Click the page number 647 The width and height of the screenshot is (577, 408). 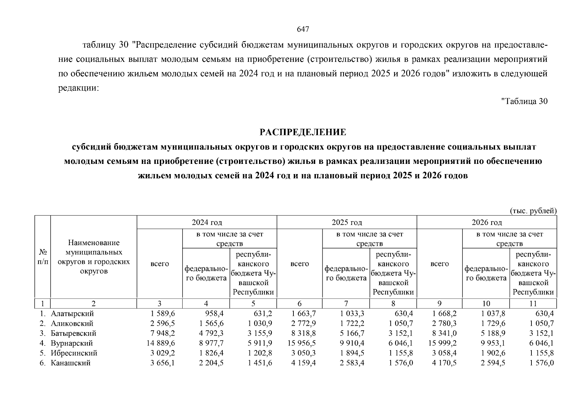tap(303, 30)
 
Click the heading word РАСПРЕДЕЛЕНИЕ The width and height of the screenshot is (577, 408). tap(303, 132)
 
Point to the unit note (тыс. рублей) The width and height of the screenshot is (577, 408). tap(533, 211)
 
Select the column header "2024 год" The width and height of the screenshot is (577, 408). tap(207, 222)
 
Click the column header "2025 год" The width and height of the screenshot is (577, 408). tap(347, 222)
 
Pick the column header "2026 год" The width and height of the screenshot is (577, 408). tap(487, 222)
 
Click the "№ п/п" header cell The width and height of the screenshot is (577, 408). tap(43, 257)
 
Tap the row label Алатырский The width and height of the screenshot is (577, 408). tap(72, 313)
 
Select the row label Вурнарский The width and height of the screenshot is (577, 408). tap(72, 343)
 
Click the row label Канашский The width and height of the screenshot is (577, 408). tap(71, 363)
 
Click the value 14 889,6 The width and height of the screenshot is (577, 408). tap(161, 343)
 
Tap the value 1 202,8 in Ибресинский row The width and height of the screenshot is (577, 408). tap(260, 353)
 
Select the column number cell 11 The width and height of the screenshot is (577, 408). tap(533, 304)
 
